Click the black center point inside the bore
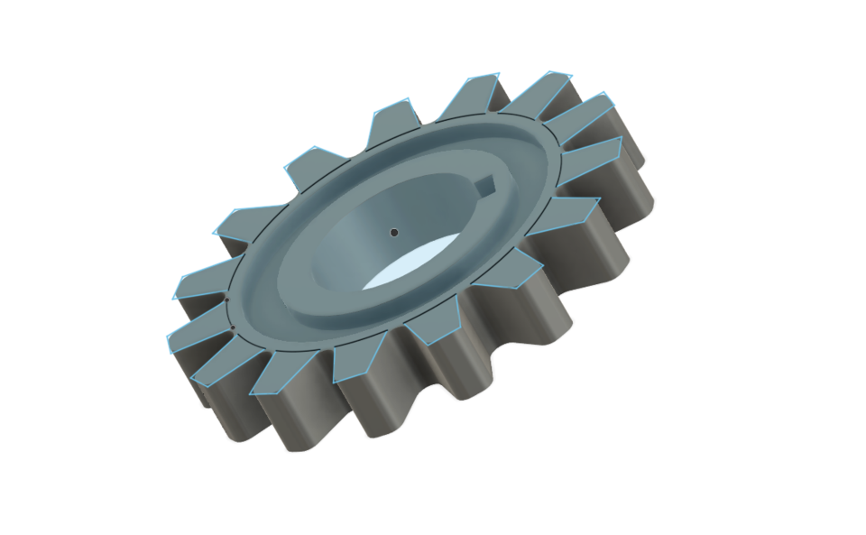(393, 232)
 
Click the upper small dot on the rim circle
(226, 299)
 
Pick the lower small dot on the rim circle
(233, 328)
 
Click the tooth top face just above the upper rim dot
(203, 285)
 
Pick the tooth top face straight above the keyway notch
(477, 94)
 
